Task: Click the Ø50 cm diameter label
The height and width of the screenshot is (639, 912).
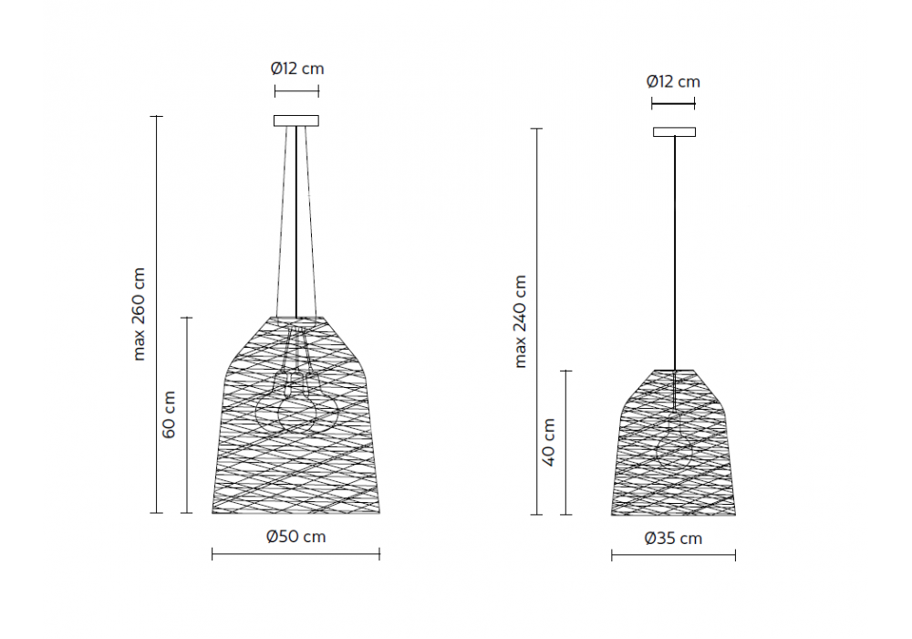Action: tap(296, 536)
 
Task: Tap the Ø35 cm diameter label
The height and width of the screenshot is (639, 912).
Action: tap(673, 539)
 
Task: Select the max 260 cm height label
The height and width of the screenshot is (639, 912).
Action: tap(139, 314)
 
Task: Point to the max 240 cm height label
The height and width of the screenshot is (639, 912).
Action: tap(521, 322)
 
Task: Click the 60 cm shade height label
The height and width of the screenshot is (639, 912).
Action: tap(169, 415)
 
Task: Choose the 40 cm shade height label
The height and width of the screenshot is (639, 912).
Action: tap(548, 443)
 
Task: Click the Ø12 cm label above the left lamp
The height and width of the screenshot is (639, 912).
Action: tap(296, 68)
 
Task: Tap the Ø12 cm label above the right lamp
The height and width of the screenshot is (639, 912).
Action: tap(673, 81)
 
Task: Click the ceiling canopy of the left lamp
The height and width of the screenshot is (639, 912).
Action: tap(296, 120)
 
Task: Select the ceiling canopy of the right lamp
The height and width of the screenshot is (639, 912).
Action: tap(674, 132)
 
